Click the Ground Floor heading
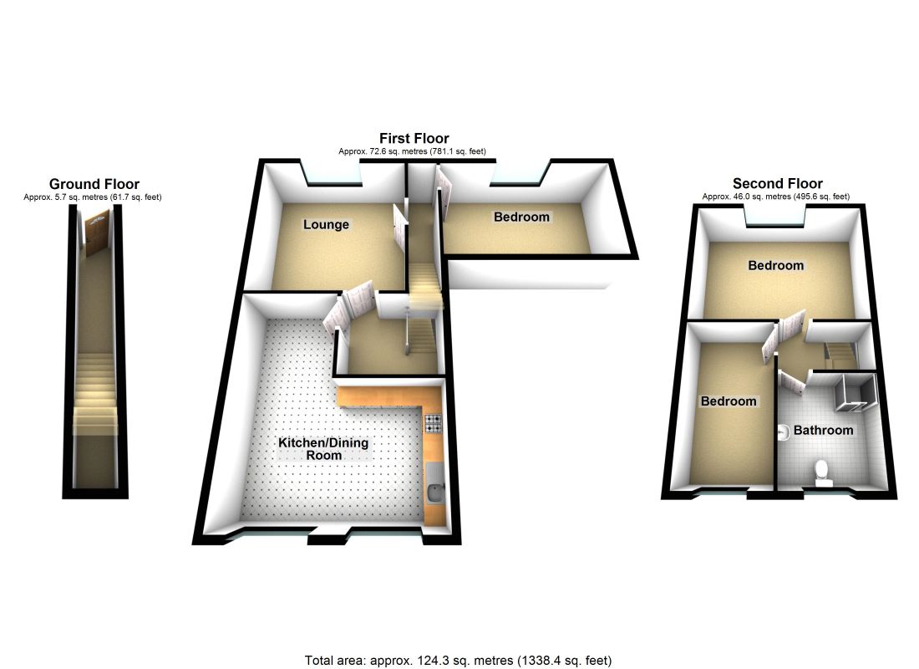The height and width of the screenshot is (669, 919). (x=94, y=184)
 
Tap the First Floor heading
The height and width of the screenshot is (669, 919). (x=414, y=139)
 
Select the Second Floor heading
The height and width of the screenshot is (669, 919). (x=777, y=184)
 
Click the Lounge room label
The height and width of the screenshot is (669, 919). (x=326, y=225)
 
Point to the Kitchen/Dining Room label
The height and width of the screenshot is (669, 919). (x=323, y=449)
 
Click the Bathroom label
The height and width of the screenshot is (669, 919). (x=823, y=430)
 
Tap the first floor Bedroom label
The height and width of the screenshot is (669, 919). (x=521, y=217)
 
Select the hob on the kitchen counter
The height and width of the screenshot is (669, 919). (x=433, y=423)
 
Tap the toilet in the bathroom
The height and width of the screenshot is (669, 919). (x=823, y=473)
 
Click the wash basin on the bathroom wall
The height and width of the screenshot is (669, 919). (x=783, y=432)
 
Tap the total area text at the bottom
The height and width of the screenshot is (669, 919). (x=459, y=661)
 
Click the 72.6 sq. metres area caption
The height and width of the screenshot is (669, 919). (x=412, y=151)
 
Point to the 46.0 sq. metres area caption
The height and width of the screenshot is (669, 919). (x=776, y=197)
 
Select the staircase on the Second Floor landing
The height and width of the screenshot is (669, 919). (x=841, y=353)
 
